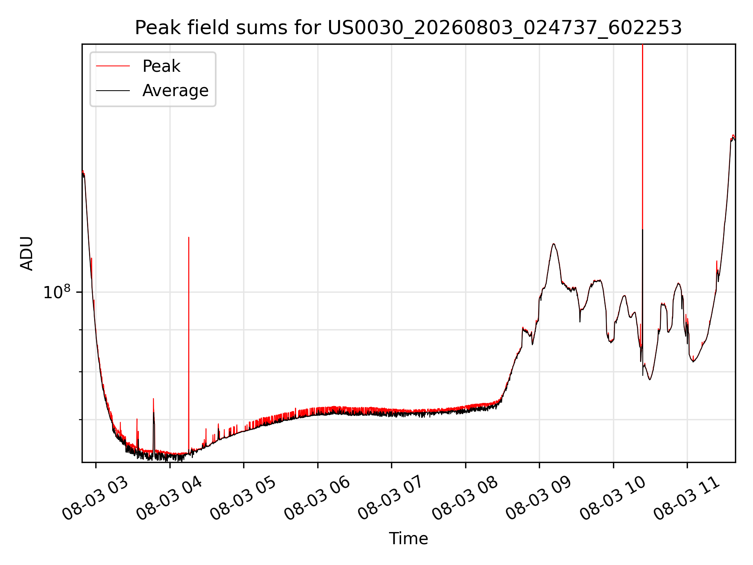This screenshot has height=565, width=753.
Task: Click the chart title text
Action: (x=408, y=28)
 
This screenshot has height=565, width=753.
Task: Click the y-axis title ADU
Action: (x=27, y=253)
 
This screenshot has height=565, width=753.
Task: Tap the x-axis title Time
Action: (x=408, y=538)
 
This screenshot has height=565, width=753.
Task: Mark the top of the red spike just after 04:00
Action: (x=189, y=237)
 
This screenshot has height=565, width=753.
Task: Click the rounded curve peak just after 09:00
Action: (x=553, y=244)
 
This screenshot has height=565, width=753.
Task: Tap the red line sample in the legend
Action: (x=113, y=66)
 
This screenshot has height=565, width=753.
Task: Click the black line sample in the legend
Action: (x=113, y=91)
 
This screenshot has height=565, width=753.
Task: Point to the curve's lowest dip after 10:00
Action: (x=650, y=379)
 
